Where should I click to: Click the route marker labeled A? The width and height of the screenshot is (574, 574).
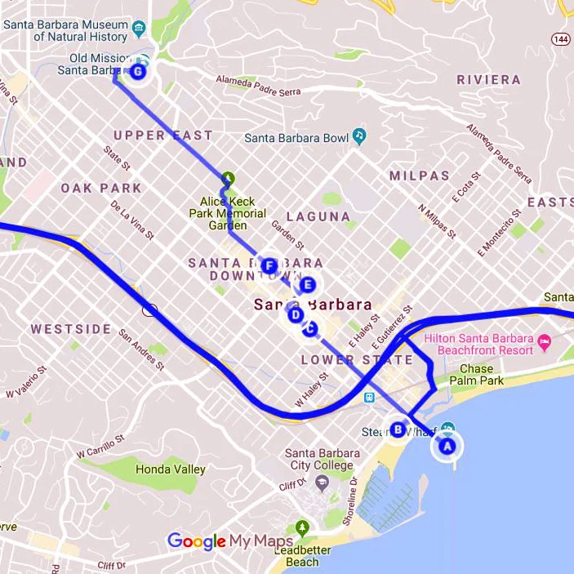[x=446, y=447]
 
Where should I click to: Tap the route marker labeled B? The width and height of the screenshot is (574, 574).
[x=398, y=429]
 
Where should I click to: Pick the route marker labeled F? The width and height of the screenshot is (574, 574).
[x=269, y=265]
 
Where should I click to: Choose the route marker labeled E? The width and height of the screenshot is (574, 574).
[x=307, y=285]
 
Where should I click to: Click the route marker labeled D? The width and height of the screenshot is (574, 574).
[x=296, y=314]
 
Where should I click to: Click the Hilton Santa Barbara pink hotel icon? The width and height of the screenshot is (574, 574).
[x=545, y=339]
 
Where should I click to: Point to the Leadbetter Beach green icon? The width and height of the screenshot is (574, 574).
[x=303, y=527]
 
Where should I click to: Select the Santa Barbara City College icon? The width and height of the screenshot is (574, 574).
[x=322, y=483]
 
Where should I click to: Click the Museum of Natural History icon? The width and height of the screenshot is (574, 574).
[x=140, y=30]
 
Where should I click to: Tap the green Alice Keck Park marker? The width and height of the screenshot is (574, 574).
[x=228, y=178]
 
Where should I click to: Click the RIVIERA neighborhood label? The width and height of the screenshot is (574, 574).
[x=488, y=79]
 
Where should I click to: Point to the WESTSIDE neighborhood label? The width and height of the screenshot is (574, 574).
[x=71, y=329]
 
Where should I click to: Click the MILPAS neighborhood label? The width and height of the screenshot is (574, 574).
[x=419, y=176]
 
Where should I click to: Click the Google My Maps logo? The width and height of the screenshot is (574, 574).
[x=229, y=541]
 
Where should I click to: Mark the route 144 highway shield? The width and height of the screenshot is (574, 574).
[x=560, y=38]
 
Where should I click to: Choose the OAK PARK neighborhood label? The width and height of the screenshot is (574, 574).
[x=100, y=188]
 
